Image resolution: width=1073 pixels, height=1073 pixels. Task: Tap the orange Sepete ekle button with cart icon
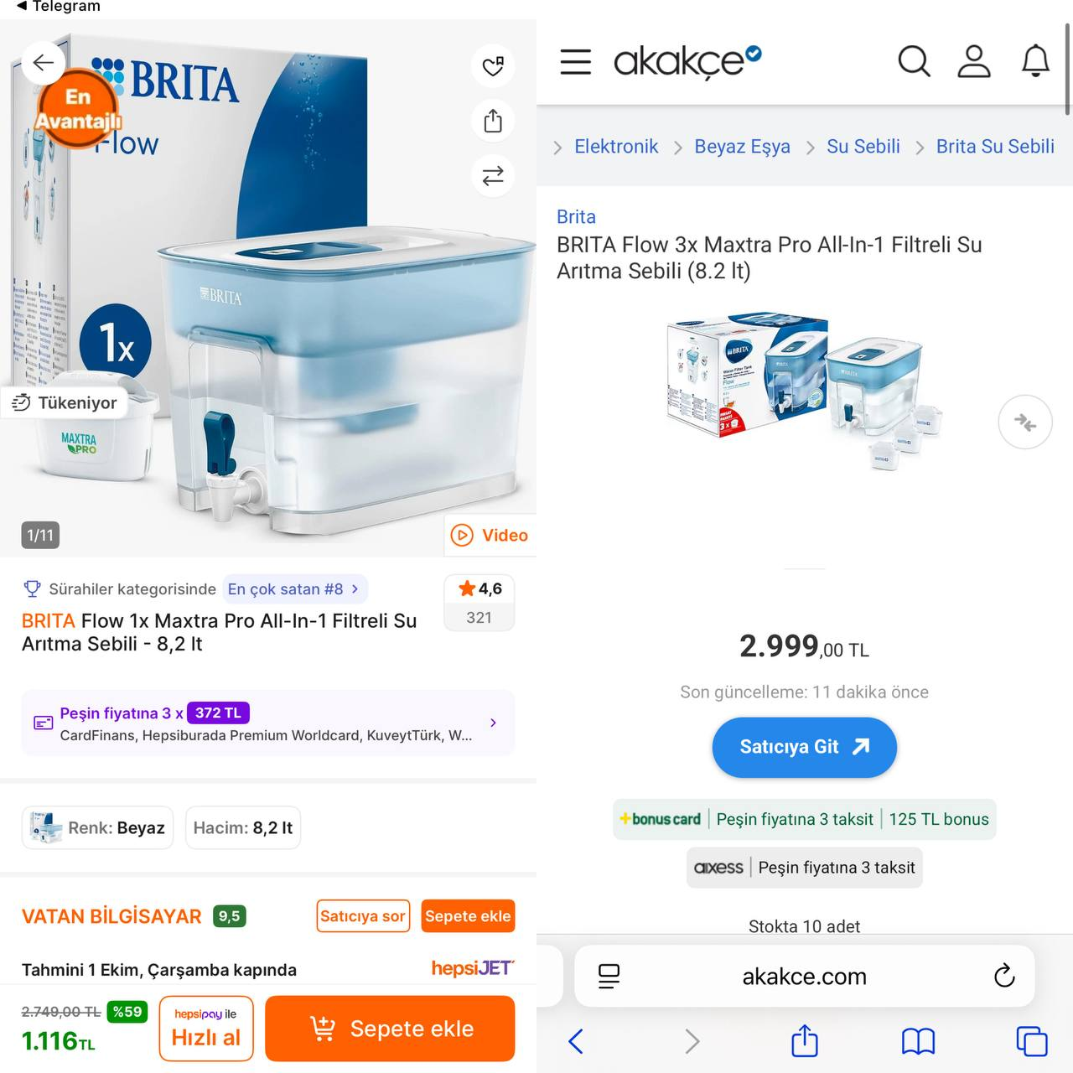390,1029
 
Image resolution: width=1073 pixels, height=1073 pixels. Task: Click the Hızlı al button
205,1029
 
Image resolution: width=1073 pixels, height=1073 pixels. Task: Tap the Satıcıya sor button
362,916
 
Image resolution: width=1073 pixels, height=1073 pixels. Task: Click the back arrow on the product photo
44,62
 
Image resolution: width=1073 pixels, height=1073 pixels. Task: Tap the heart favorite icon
493,66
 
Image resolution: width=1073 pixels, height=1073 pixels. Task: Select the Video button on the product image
490,535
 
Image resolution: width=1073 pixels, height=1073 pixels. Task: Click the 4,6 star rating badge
479,602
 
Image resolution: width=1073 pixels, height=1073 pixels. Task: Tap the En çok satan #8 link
293,589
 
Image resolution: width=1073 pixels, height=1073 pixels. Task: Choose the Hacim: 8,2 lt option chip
243,828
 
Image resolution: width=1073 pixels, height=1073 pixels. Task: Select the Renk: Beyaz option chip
97,828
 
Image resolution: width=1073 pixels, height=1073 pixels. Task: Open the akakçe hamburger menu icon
575,61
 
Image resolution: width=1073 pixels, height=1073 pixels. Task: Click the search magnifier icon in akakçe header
914,61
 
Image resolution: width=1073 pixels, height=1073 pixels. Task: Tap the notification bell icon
1035,61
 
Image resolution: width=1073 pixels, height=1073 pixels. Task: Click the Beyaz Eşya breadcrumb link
742,147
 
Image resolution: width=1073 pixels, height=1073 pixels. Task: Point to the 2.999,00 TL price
804,647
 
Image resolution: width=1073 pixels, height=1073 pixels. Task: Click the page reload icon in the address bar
1003,976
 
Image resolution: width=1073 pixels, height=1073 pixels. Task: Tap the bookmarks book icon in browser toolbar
918,1041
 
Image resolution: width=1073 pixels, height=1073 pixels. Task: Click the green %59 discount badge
127,1012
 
